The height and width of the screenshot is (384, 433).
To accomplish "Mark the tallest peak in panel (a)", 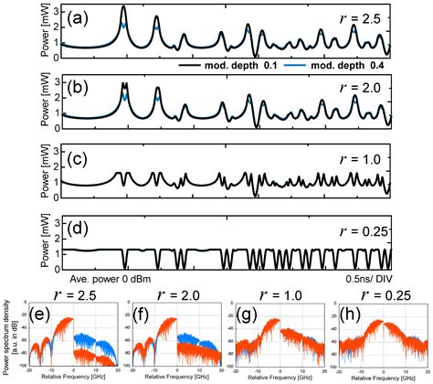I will [124, 8].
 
